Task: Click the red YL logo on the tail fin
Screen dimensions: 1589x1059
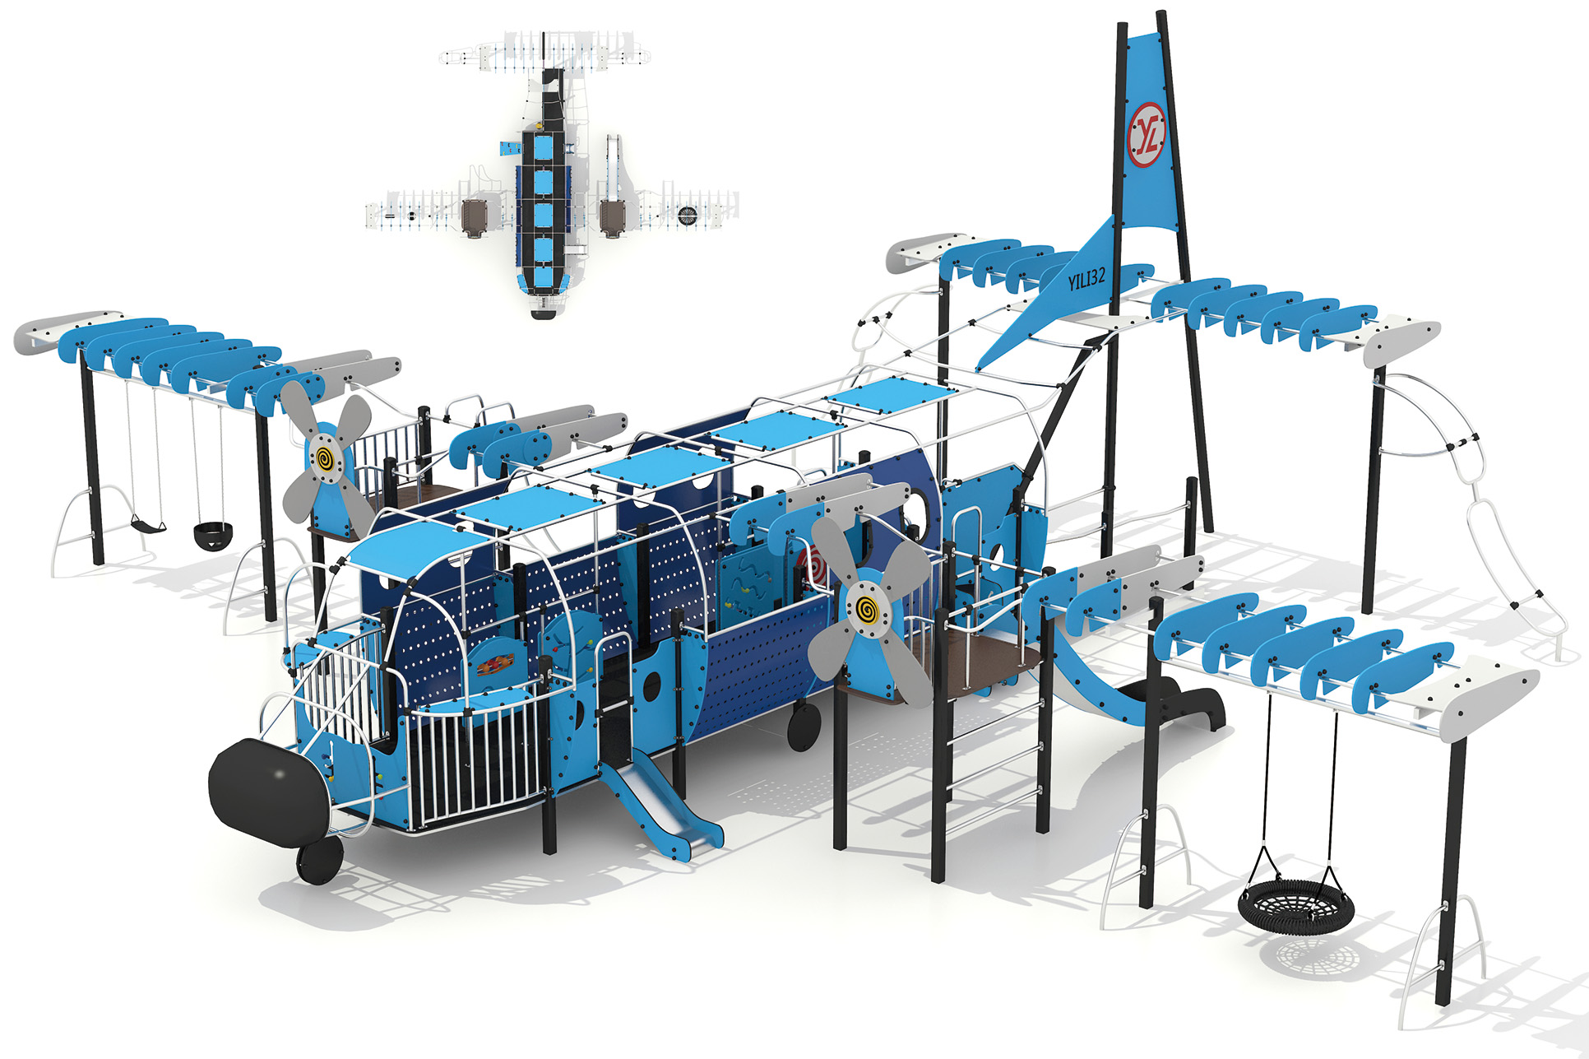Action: point(1147,135)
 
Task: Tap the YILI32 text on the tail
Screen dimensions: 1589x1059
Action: point(1086,279)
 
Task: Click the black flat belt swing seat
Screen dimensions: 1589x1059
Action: point(149,523)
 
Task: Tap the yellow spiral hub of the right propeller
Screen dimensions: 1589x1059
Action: point(866,610)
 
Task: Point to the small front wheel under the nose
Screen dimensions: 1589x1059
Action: point(320,861)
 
